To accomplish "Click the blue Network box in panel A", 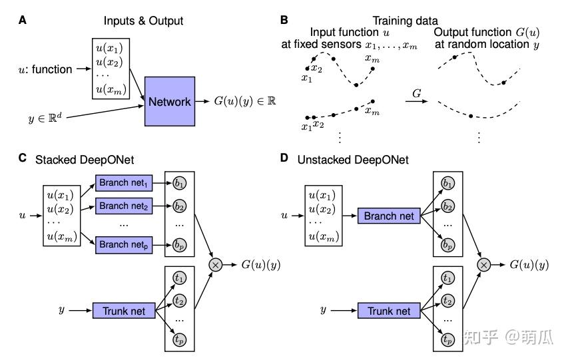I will [169, 101].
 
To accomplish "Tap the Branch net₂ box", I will [124, 206].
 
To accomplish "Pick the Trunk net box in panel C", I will [123, 311].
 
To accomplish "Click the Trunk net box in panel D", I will [389, 311].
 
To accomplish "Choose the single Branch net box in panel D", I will [389, 216].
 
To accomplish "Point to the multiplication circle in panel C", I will [216, 264].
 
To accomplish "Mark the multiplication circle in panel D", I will [484, 264].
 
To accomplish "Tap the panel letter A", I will [23, 20].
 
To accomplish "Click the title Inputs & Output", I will [143, 21].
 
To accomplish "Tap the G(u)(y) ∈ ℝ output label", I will [244, 101].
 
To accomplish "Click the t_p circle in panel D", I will [447, 340].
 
